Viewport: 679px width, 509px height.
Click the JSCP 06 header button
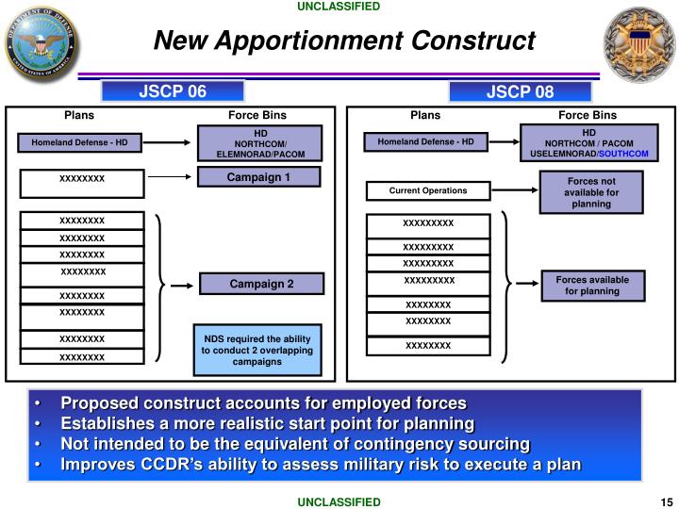click(173, 90)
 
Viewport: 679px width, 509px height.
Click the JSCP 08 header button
click(520, 91)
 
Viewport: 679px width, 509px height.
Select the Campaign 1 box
click(259, 176)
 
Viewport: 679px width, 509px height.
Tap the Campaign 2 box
click(261, 284)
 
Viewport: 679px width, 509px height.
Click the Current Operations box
click(427, 191)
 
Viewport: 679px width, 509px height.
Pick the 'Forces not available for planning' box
click(591, 192)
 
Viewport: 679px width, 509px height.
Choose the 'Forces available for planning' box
click(591, 285)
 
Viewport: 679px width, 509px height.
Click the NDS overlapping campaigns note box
click(257, 350)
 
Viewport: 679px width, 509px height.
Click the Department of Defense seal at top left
click(41, 42)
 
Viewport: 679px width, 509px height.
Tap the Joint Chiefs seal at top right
click(636, 42)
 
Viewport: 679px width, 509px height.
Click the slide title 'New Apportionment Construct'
click(344, 41)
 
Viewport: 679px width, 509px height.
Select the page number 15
click(665, 502)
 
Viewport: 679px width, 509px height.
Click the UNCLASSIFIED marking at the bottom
click(339, 502)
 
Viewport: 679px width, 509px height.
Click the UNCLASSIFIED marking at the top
click(339, 7)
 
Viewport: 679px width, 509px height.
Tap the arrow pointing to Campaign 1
click(170, 176)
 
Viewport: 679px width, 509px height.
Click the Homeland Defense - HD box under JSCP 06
click(80, 143)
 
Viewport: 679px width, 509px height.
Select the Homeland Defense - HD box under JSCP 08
click(426, 142)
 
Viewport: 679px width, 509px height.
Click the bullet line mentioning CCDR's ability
click(321, 464)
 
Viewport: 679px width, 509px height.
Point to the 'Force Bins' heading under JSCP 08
click(587, 115)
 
